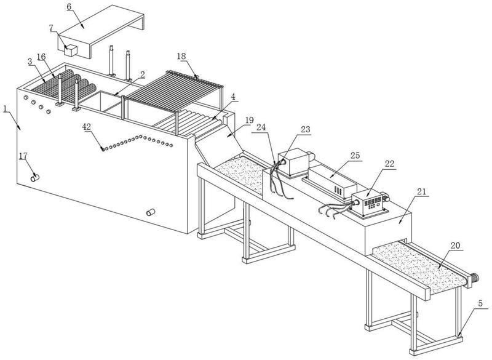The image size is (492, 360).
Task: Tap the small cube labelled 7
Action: [x=69, y=49]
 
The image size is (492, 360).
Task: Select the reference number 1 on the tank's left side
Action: [x=5, y=109]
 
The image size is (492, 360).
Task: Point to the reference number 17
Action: [x=23, y=156]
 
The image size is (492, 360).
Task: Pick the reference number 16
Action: [x=41, y=57]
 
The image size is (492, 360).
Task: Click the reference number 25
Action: [x=355, y=156]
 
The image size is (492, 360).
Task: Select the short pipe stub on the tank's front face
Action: [x=149, y=212]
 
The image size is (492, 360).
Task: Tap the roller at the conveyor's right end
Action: [x=474, y=278]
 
